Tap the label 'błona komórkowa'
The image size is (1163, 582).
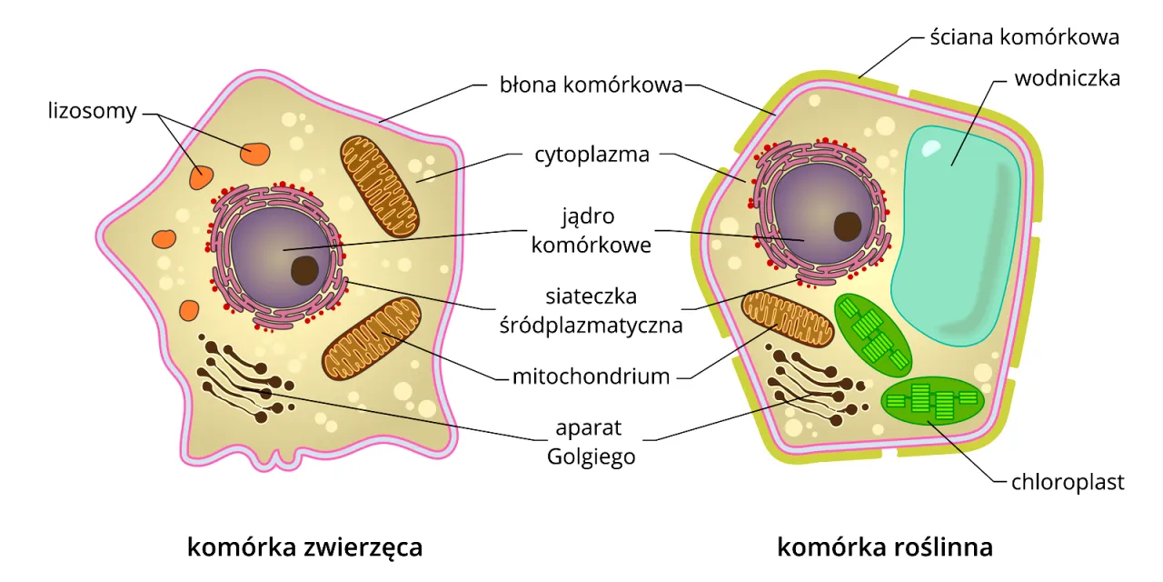tap(591, 85)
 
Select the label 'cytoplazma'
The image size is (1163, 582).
tap(591, 155)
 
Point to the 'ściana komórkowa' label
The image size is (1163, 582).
tap(1023, 37)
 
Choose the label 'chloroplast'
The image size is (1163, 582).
tap(1068, 482)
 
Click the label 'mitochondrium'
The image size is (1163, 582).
tap(591, 376)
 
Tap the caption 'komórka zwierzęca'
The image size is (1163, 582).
tap(304, 547)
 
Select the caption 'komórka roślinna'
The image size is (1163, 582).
tap(885, 547)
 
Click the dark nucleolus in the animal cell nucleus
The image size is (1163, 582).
tap(304, 270)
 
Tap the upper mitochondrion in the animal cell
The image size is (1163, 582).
tap(381, 186)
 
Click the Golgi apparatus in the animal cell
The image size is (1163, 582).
tap(241, 382)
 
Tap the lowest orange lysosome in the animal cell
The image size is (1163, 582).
tap(188, 310)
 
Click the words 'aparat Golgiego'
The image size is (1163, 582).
tap(591, 442)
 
